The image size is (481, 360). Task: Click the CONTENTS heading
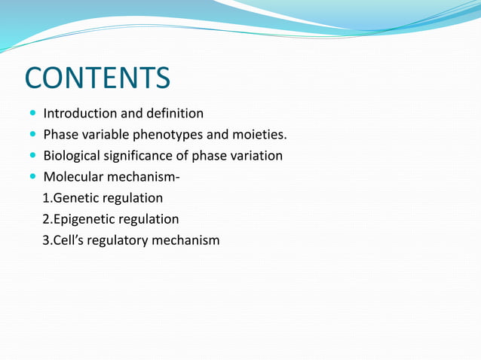[97, 78]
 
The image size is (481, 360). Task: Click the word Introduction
[79, 114]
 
